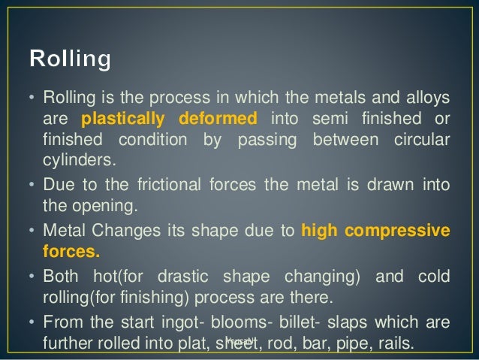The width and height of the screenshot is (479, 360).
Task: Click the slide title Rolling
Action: [69, 59]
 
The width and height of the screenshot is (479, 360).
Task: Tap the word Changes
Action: [115, 230]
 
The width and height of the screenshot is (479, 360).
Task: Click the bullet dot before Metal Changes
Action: [32, 230]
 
